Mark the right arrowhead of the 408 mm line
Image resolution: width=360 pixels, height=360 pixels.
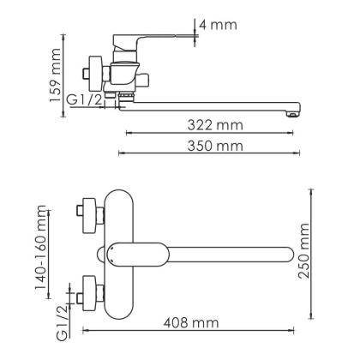tap(292, 331)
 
